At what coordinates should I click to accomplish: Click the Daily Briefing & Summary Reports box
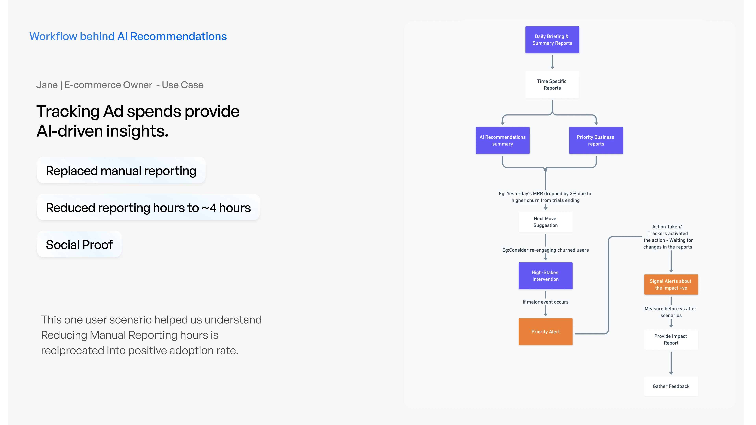click(552, 40)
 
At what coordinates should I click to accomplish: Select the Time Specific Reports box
click(552, 84)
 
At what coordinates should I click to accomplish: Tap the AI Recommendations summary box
click(502, 140)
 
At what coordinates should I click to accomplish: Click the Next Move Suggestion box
click(545, 222)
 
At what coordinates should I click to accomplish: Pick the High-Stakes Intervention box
click(545, 276)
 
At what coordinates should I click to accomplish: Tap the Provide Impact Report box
click(671, 340)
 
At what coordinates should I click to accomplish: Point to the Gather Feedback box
click(671, 386)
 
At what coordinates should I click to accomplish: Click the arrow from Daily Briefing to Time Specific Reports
click(552, 62)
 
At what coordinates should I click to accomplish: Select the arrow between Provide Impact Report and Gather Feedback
click(671, 363)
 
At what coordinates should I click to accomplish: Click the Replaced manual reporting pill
click(121, 170)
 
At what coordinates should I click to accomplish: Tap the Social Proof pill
click(79, 244)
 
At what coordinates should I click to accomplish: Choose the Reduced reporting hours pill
click(148, 207)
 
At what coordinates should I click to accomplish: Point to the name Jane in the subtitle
click(47, 85)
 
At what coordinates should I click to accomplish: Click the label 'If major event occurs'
click(545, 302)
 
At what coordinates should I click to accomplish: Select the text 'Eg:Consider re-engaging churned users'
click(545, 250)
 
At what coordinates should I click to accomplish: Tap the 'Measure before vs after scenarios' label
click(671, 312)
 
